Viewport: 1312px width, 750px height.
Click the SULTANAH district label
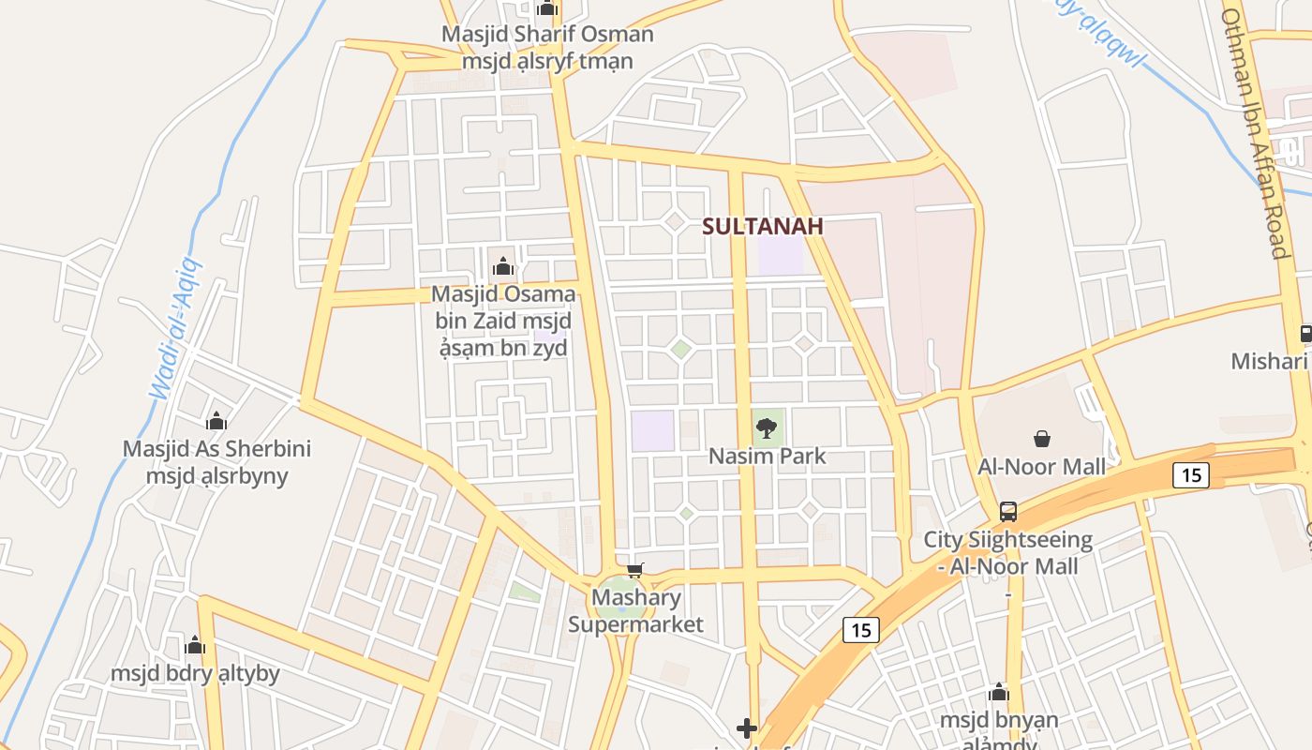point(762,226)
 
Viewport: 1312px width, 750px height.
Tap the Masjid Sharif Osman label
point(547,48)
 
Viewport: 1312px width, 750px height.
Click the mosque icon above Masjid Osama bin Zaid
point(503,267)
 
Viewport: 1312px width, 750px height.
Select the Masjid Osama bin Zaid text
point(503,321)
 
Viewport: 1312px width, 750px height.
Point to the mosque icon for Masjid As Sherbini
point(216,421)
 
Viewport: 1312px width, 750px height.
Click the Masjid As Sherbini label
point(216,461)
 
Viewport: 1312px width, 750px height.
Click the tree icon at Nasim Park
point(767,428)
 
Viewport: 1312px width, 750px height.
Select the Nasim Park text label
point(767,457)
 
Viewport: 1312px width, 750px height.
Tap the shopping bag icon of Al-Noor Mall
point(1041,438)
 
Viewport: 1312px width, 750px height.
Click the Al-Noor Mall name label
point(1041,466)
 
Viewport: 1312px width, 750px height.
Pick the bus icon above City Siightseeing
point(1008,512)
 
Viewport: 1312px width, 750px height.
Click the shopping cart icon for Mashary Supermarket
point(635,569)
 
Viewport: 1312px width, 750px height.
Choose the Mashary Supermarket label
point(635,610)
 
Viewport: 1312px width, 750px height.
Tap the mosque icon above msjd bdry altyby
point(195,645)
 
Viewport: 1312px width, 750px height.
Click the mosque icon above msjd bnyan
point(999,693)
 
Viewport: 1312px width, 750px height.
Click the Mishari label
point(1268,361)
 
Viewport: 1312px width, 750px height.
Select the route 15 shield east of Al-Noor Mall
point(1190,475)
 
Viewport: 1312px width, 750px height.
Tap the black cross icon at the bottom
point(747,727)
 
